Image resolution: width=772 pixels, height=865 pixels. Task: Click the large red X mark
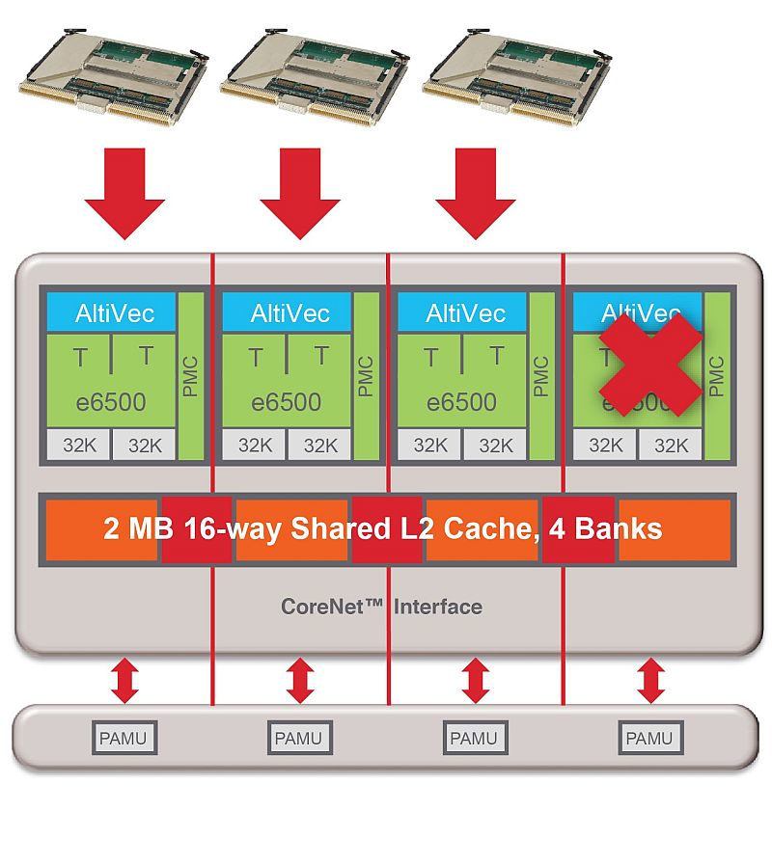coord(649,365)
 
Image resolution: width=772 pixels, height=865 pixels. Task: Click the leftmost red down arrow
coord(124,191)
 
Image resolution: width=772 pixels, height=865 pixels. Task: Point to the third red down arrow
coord(475,191)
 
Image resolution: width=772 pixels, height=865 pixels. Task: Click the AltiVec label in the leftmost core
coord(112,313)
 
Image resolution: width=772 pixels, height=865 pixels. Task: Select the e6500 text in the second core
coord(287,402)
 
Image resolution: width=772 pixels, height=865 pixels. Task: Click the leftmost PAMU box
coord(124,739)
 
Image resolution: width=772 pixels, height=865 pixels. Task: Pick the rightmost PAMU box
coord(649,739)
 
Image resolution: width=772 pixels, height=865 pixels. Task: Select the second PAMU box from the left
coord(299,739)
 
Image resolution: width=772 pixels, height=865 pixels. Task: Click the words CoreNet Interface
coord(381,607)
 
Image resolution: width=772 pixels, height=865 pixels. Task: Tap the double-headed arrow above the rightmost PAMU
coord(650,680)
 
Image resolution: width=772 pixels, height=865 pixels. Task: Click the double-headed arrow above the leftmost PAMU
coord(124,680)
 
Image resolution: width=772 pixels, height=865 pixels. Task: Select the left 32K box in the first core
coord(79,446)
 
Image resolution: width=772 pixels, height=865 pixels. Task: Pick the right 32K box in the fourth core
coord(671,446)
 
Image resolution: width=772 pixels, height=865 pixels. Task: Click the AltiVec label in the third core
coord(463,313)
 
